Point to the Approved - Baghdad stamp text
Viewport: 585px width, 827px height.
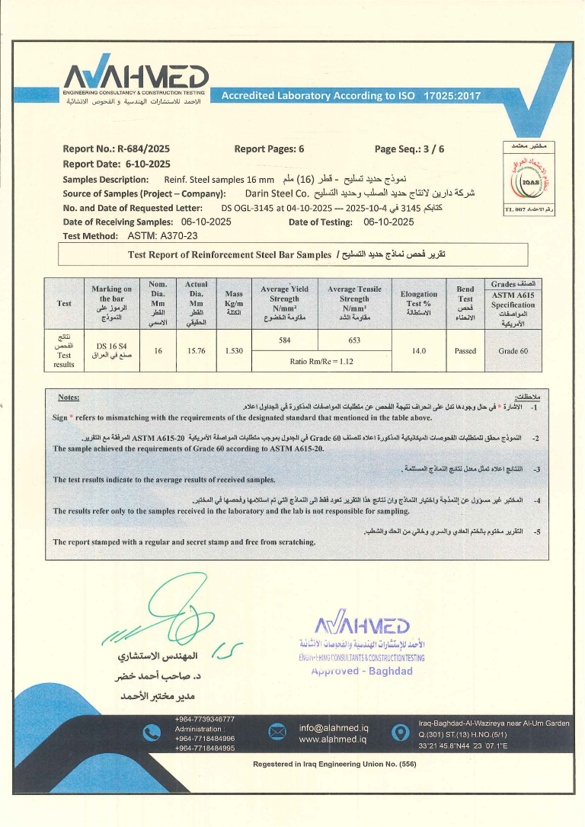coord(368,671)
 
